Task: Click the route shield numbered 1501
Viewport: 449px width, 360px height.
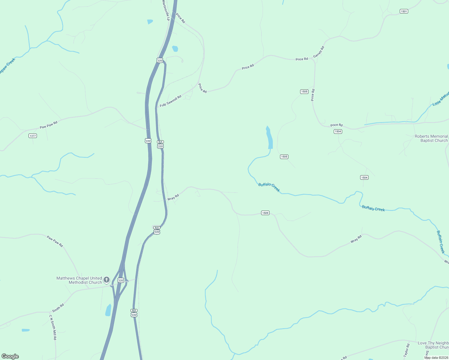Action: (x=404, y=11)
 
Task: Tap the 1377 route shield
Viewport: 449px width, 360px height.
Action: (x=33, y=136)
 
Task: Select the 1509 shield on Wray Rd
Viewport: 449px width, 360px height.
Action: (x=265, y=213)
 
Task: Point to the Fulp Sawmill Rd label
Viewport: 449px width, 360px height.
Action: (x=170, y=101)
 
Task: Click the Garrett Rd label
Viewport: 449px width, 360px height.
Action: (x=319, y=52)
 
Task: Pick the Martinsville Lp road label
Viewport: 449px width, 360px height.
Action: (x=166, y=10)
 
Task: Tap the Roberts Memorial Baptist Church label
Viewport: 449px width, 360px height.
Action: (x=431, y=138)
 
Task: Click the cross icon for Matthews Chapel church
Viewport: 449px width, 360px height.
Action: (x=107, y=280)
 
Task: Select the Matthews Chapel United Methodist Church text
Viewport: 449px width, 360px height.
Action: (x=79, y=280)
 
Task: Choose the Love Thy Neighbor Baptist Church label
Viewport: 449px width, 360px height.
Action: (x=433, y=345)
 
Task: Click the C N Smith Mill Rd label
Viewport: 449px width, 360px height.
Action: (x=53, y=327)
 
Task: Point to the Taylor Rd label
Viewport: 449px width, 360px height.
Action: (x=407, y=350)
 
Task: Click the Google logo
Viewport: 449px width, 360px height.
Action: (x=10, y=356)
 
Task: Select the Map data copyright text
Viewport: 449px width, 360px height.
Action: (x=436, y=358)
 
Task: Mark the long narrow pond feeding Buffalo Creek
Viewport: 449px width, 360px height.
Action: (x=269, y=137)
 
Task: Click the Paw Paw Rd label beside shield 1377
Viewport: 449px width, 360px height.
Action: (x=49, y=125)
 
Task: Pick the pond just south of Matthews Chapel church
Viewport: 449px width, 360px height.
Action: (x=108, y=310)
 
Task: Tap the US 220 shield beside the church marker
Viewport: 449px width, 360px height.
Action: (x=121, y=280)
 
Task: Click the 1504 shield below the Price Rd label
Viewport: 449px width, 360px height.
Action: (x=338, y=131)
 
